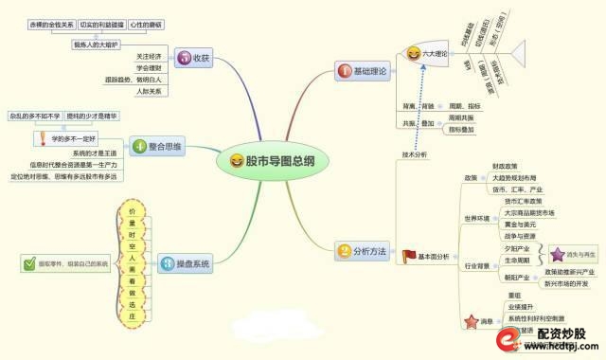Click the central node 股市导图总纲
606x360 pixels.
coord(275,161)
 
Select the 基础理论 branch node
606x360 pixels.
coord(361,71)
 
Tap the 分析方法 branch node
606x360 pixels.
coord(361,252)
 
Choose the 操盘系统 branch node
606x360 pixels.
coord(180,262)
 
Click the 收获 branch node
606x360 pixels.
coord(193,59)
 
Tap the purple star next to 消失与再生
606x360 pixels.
coord(558,255)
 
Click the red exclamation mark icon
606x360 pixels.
coord(41,139)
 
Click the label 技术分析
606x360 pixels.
coord(416,153)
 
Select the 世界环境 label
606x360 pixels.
coord(477,218)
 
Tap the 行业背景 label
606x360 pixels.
coord(477,267)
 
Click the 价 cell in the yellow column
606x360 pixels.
coord(133,210)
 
